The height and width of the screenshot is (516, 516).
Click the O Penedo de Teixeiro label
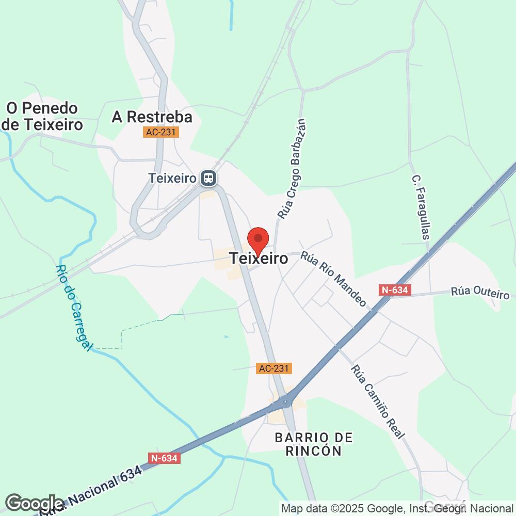click(42, 116)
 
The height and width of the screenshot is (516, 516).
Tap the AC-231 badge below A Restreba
click(160, 133)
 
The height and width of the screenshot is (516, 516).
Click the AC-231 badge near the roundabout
click(274, 368)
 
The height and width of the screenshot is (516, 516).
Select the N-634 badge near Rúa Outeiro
click(395, 291)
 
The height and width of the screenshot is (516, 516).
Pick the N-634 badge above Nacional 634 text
click(164, 458)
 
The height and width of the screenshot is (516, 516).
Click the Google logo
click(35, 504)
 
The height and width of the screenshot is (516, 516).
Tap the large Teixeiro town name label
click(259, 258)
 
